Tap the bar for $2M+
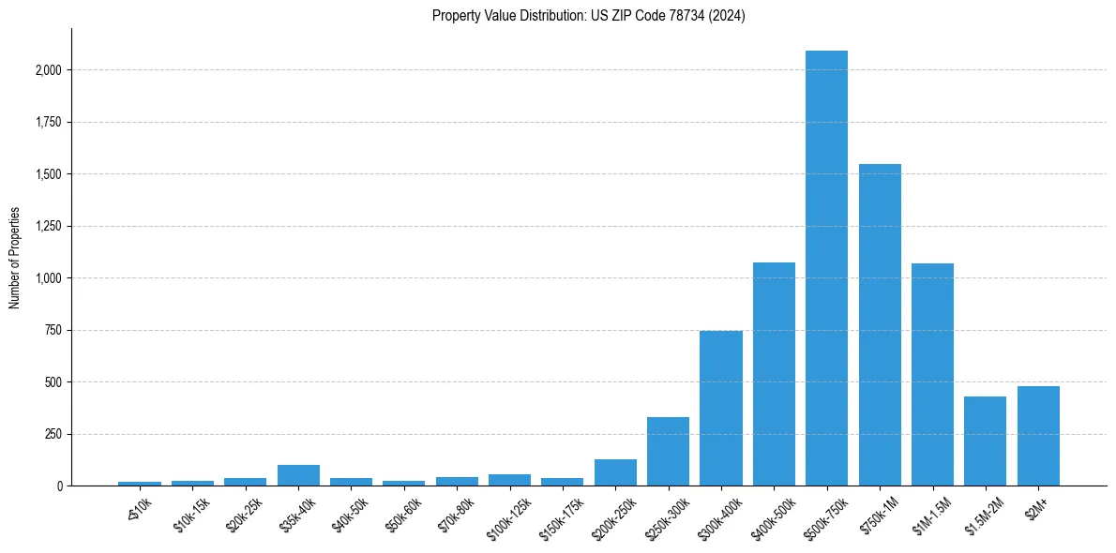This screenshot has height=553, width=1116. (x=1038, y=436)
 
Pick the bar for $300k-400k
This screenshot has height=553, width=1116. (x=721, y=408)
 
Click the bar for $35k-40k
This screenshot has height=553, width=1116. (x=298, y=475)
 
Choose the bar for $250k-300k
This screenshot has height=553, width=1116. (x=668, y=451)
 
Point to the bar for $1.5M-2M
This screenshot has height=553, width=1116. (x=985, y=441)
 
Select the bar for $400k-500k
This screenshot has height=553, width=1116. (x=774, y=374)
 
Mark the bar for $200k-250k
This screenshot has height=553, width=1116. (x=615, y=472)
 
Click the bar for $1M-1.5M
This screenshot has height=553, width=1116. (x=932, y=374)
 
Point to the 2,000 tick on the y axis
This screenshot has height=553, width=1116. (x=49, y=70)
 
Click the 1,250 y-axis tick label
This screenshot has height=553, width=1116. (x=49, y=226)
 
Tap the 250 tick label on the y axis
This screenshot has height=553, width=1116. (x=53, y=434)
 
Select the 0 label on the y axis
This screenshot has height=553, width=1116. (x=59, y=486)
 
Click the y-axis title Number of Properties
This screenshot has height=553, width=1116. (x=15, y=257)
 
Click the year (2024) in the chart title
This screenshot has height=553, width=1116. (x=728, y=16)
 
